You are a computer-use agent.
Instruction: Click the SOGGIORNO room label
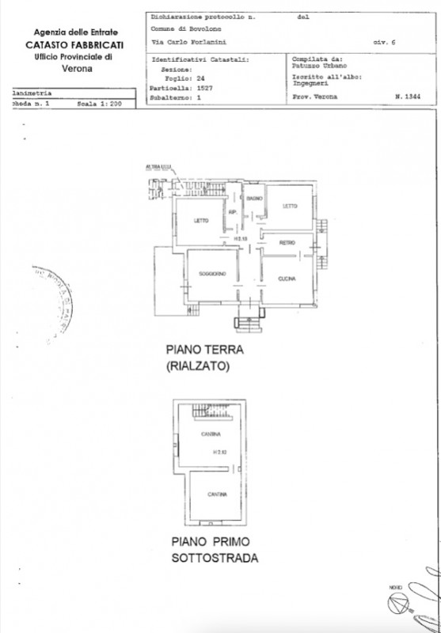[x=213, y=274]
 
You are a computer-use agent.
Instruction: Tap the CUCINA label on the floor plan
[x=287, y=279]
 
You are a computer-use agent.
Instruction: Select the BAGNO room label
[x=254, y=197]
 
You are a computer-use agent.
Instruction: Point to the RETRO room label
[x=286, y=242]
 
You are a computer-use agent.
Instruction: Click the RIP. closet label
[x=234, y=213]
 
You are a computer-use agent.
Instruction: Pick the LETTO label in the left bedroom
[x=200, y=221]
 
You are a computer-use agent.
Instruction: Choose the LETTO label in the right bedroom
[x=289, y=207]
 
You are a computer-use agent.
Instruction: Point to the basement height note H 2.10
[x=219, y=453]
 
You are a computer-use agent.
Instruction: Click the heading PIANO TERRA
[x=203, y=349]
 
